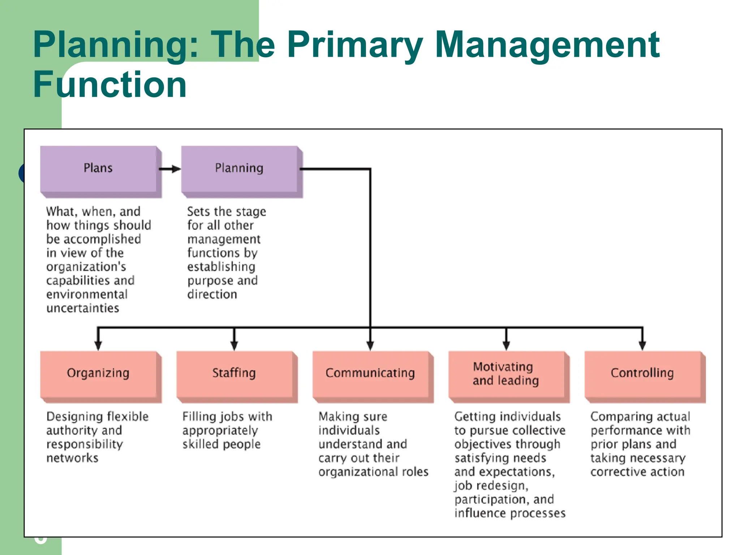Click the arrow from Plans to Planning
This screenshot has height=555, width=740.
coord(170,169)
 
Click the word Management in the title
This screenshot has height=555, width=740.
coord(547,45)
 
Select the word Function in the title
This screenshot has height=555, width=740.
coord(110,85)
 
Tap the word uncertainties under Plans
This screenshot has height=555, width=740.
coord(83,308)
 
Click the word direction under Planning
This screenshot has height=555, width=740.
coord(212,294)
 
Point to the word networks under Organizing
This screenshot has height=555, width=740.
coord(72,458)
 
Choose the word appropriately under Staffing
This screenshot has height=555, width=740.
coord(220,431)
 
